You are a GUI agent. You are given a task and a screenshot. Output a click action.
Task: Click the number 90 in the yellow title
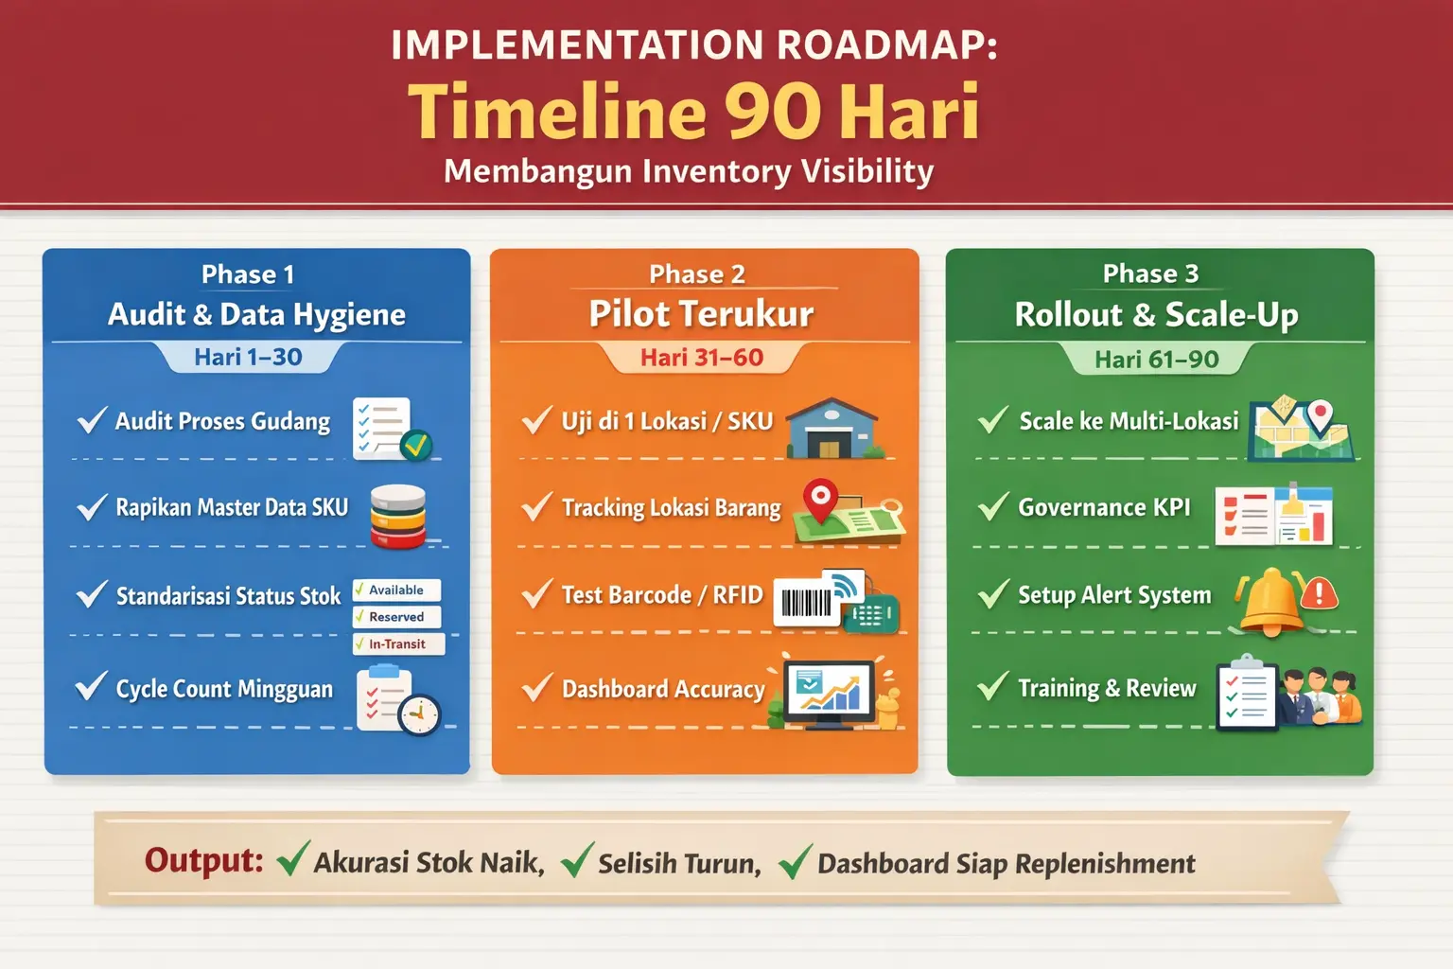773,112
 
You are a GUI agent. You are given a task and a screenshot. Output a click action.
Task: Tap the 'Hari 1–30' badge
249,357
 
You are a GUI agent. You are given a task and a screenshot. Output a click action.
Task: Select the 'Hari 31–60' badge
702,358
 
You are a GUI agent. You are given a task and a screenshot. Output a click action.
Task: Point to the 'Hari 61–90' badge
1157,359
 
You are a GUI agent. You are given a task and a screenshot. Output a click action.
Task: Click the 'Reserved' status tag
397,617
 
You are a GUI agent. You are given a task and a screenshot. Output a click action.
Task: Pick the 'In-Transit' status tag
398,643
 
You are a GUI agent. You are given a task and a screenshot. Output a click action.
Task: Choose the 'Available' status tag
396,590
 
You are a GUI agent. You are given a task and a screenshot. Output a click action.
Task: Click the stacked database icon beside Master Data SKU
398,517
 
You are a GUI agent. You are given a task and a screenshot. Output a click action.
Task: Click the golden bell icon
1270,601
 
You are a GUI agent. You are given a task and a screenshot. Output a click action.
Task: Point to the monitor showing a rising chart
829,695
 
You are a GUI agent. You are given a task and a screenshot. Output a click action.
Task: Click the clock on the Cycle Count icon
418,715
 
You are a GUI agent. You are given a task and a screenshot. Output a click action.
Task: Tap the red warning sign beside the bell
1319,594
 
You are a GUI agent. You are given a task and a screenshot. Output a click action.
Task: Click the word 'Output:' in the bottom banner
203,860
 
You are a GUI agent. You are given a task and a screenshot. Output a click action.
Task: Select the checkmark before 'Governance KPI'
993,506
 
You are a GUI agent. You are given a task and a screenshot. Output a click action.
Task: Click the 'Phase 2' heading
696,273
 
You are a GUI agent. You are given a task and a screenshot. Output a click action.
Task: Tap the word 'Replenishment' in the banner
1105,864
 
